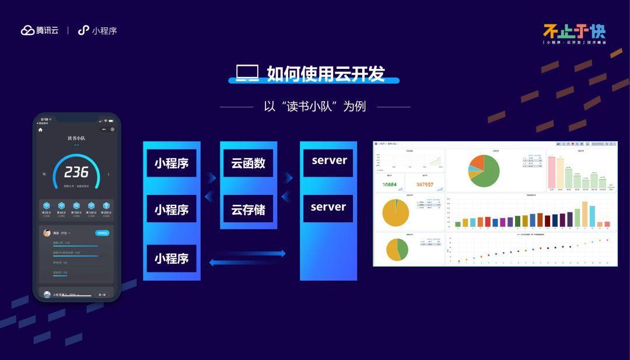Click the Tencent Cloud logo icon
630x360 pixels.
pos(28,30)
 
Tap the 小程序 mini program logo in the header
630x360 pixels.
pos(84,30)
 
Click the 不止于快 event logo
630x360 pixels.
pos(574,32)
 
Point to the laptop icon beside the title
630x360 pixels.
pos(247,73)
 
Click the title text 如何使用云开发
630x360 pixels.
pos(325,74)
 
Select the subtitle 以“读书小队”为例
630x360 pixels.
pos(314,107)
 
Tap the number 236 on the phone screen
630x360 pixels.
pos(76,172)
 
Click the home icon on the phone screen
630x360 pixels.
pos(40,130)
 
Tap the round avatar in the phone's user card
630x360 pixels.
pos(47,233)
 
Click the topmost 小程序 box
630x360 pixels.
pos(171,163)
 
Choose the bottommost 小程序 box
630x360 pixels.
pos(171,258)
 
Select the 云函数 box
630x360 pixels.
pos(248,163)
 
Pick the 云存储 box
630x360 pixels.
pos(248,209)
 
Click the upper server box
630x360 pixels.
pos(328,160)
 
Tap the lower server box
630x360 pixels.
pos(328,207)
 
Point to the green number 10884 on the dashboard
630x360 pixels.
pos(389,184)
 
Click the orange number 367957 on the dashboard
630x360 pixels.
pos(424,184)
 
